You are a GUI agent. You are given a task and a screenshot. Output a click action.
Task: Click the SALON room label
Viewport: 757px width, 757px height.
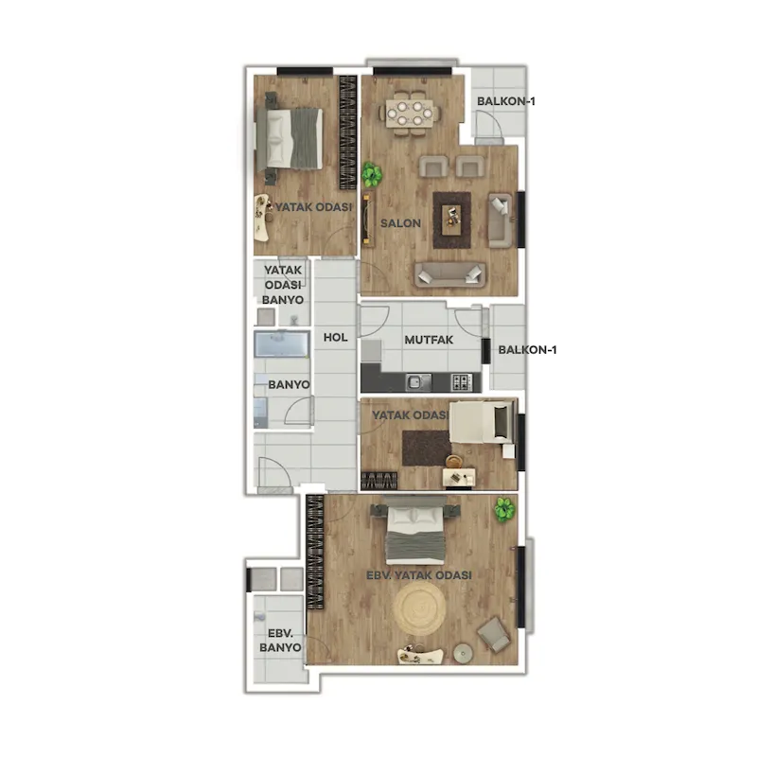400,223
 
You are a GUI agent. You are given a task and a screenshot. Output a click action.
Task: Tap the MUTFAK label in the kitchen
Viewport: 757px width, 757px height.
429,340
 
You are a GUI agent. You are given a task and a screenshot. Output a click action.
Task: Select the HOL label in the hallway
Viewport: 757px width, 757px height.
336,338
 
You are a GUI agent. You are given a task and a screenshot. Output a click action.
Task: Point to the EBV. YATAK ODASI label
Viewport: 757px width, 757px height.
418,575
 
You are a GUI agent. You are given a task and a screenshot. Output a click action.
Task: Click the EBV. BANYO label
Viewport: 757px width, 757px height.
280,641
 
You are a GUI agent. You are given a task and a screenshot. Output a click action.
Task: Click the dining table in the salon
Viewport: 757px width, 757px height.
411,114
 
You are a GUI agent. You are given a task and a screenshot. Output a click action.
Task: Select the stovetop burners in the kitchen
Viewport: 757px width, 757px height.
462,382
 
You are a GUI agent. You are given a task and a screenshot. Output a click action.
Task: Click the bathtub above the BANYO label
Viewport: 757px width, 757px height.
282,343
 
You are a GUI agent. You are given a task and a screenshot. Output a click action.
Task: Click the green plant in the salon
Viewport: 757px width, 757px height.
371,174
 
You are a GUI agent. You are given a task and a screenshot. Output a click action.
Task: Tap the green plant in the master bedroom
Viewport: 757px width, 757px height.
505,509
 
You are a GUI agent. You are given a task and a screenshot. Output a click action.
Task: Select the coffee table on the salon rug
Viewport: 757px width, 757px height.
453,220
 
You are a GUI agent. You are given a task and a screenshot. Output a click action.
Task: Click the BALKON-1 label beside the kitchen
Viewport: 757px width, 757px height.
527,350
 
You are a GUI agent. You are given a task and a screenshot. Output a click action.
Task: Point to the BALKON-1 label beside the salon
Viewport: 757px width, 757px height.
506,101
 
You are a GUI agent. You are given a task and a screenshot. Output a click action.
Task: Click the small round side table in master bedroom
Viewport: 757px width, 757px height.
463,653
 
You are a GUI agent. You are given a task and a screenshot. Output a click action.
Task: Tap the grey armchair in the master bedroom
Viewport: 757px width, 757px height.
494,634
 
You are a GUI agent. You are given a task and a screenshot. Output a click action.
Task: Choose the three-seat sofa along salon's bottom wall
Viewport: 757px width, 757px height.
449,273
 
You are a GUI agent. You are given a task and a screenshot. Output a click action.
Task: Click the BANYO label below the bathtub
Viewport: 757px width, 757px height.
289,385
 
